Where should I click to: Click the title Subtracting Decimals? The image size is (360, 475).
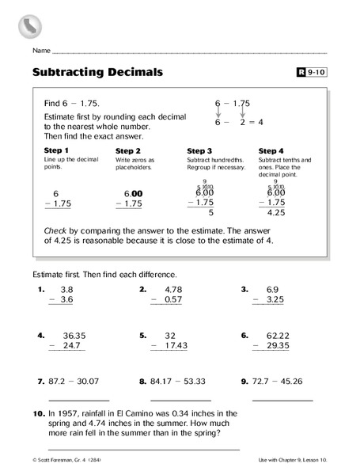point(98,72)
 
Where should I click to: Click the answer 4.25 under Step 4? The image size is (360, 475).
point(276,212)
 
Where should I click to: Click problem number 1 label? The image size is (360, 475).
point(40,289)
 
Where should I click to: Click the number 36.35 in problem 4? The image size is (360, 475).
point(71,334)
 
